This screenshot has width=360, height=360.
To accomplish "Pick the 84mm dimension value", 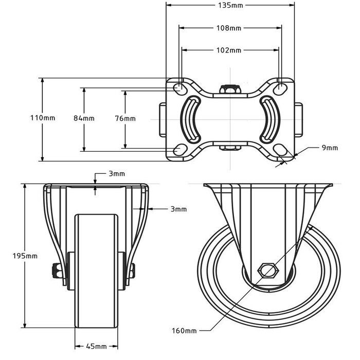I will [84, 118].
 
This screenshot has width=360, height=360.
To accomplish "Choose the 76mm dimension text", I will [125, 118].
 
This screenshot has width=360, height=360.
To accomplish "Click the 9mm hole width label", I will [330, 148].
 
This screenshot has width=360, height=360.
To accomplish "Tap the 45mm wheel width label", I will [97, 346].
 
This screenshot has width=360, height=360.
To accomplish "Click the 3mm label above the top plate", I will [116, 174].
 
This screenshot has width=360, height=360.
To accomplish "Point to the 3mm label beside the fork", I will [178, 209].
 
